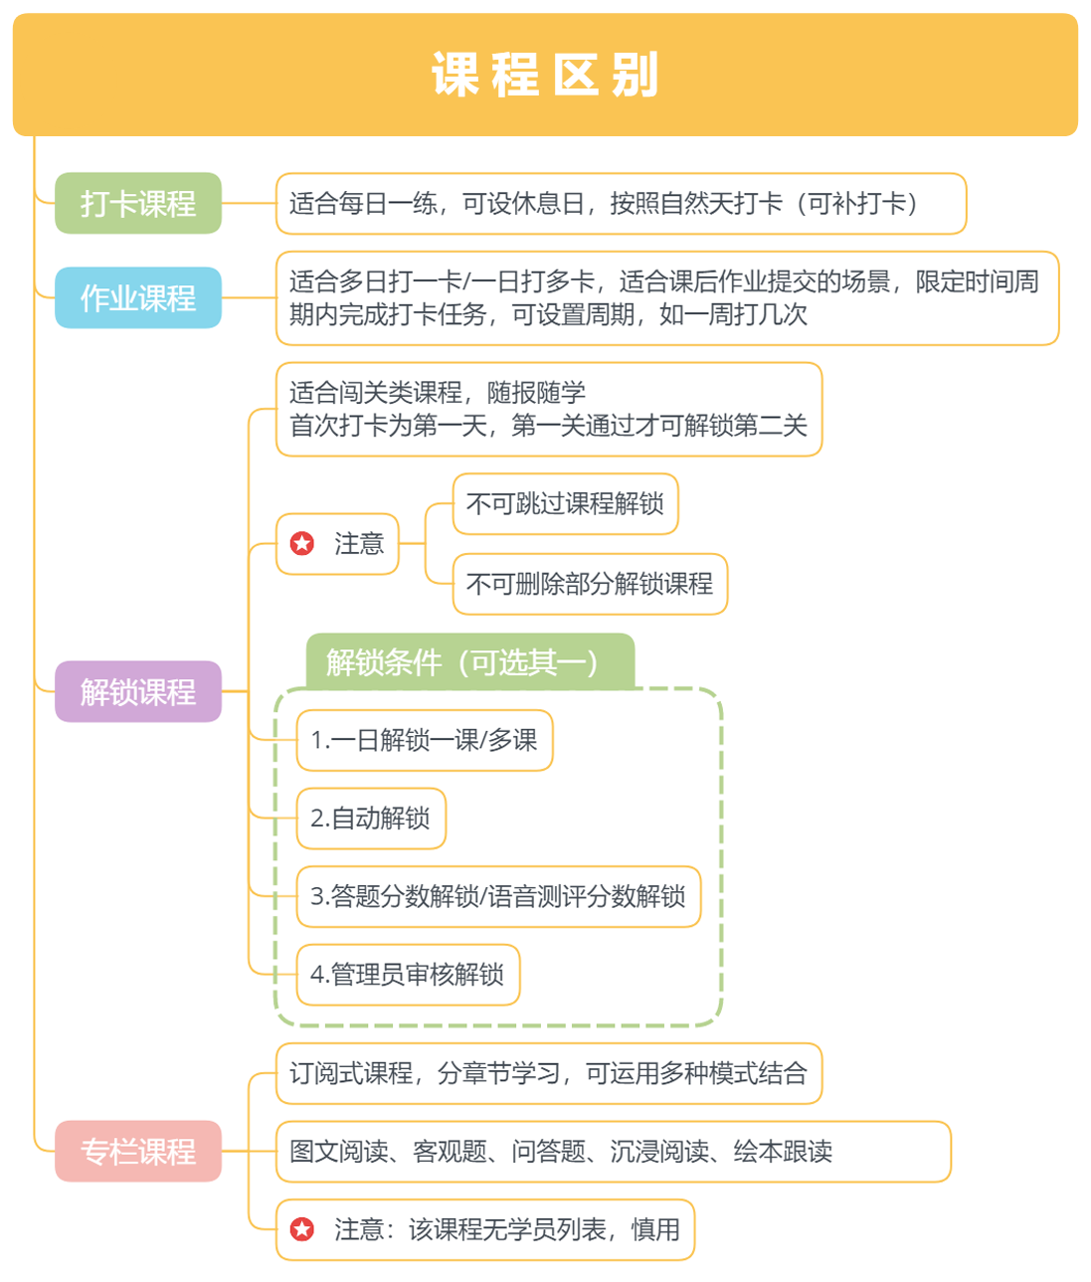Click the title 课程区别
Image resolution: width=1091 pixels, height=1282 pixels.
(x=545, y=76)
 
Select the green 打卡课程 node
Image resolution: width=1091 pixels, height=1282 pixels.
(x=138, y=204)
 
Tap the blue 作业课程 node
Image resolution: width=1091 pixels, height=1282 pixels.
(x=138, y=297)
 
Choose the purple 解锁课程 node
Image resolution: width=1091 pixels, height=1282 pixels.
(x=138, y=691)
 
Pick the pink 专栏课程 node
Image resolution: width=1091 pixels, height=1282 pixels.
(x=138, y=1152)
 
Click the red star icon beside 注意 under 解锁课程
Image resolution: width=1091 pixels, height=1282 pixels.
(x=302, y=543)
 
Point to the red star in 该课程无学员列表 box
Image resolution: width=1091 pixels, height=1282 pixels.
(x=302, y=1229)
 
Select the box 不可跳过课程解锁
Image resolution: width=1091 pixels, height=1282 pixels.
(x=565, y=504)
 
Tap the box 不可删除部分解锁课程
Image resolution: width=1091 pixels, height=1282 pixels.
(x=590, y=584)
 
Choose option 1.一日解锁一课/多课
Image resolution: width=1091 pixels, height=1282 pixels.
(x=425, y=740)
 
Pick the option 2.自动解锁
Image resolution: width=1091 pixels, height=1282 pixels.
(x=371, y=819)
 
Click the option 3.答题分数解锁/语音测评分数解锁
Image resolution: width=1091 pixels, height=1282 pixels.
(x=498, y=897)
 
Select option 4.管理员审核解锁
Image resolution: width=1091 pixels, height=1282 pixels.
(x=408, y=975)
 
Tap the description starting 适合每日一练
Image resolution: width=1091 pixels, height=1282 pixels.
(x=621, y=204)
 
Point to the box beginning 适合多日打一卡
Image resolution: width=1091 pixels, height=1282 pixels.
(x=666, y=298)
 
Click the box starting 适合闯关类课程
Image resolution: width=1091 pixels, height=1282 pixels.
(x=548, y=409)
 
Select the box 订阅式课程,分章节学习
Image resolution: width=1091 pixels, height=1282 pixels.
(x=548, y=1073)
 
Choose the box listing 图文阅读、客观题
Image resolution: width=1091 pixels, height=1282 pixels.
(x=613, y=1152)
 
